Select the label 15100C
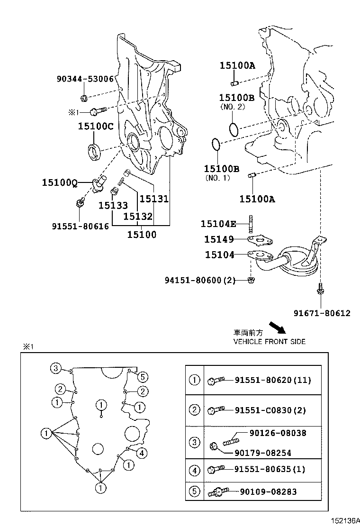(x=96, y=126)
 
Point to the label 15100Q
(x=59, y=182)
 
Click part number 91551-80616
(x=80, y=226)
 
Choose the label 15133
(x=113, y=205)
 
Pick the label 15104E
(x=218, y=224)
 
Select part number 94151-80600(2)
(x=200, y=280)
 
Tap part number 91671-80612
(x=322, y=313)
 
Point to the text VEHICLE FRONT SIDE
(x=269, y=341)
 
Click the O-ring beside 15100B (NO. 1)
(x=216, y=145)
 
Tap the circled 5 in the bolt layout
(x=143, y=377)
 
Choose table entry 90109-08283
(x=268, y=491)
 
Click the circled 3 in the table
(x=195, y=443)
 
